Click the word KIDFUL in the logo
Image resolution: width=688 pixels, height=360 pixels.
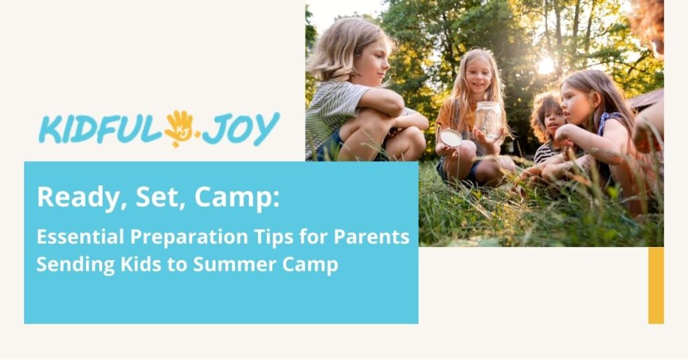[x=101, y=130]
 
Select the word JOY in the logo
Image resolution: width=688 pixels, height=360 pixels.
[x=241, y=129]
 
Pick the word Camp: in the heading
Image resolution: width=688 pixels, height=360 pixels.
[x=237, y=197]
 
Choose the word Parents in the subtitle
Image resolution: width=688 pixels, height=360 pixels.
[x=372, y=237]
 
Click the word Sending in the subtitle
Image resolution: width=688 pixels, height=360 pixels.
[x=70, y=265]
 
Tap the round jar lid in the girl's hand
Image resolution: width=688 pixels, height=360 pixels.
[x=451, y=138]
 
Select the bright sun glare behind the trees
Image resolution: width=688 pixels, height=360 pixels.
[x=546, y=66]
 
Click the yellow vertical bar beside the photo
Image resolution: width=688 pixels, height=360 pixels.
[x=656, y=285]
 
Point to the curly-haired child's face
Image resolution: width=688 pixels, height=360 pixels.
[x=553, y=118]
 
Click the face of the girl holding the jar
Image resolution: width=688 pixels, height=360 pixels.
[x=479, y=76]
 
